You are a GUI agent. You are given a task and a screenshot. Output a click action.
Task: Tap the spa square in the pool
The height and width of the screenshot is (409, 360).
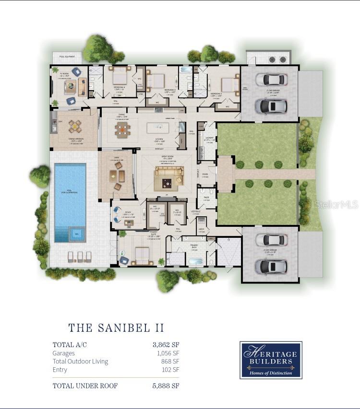pyautogui.click(x=76, y=234)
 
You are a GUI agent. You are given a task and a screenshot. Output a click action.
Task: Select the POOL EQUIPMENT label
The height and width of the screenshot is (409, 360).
pyautogui.click(x=68, y=57)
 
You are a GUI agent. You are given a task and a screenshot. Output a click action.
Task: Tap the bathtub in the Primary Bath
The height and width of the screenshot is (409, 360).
pyautogui.click(x=196, y=262)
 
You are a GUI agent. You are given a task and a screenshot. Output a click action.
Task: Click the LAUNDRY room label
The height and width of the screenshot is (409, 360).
pyautogui.click(x=209, y=139)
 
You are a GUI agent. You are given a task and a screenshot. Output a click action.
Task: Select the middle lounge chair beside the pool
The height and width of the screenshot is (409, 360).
pyautogui.click(x=80, y=257)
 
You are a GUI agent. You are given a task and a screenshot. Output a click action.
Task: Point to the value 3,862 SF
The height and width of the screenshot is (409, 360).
pyautogui.click(x=166, y=344)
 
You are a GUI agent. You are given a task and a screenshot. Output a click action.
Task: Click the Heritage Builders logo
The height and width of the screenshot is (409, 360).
pyautogui.click(x=271, y=360)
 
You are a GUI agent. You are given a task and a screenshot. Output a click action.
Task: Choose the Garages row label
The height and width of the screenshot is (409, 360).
pyautogui.click(x=64, y=353)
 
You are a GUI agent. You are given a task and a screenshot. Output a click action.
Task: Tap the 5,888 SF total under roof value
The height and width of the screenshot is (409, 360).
pyautogui.click(x=166, y=386)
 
